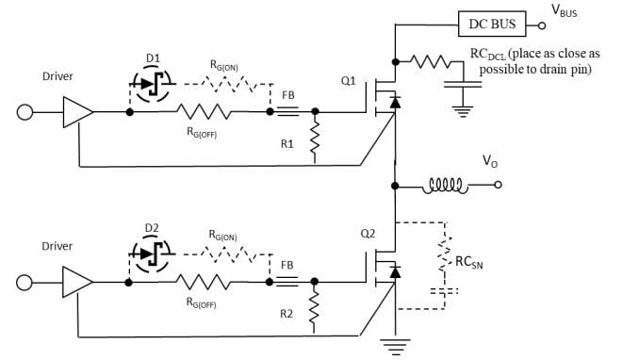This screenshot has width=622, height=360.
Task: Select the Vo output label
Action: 490,162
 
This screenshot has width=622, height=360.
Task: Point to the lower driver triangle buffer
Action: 78,282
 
